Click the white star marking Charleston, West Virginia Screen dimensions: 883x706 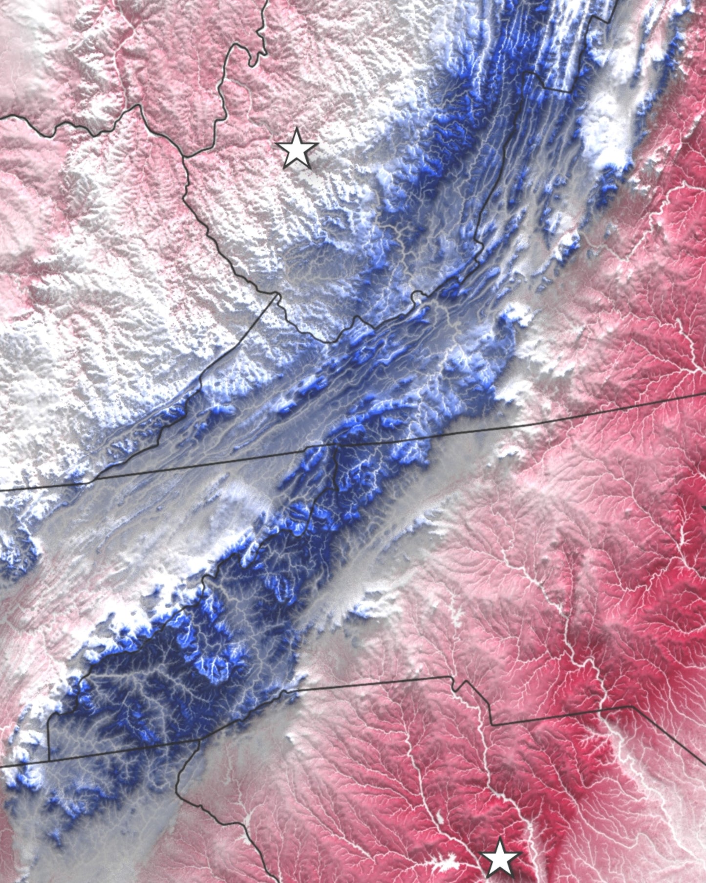coord(297,149)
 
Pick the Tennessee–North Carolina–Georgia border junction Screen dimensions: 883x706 coord(49,761)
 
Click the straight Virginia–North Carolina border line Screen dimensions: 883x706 coord(537,420)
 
